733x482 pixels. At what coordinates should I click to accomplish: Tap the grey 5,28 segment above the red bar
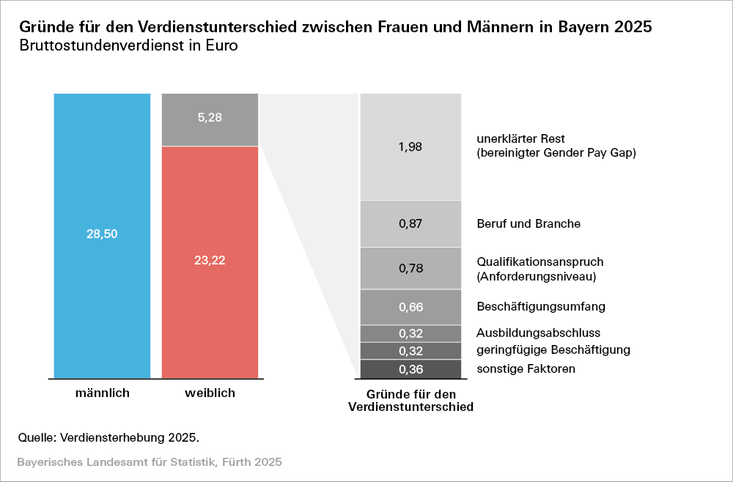(210, 119)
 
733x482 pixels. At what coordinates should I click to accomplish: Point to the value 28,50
(102, 234)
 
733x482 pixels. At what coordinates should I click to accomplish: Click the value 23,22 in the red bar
(210, 260)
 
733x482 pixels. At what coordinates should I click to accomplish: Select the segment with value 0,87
(410, 223)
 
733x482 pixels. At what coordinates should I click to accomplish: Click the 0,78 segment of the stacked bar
(410, 268)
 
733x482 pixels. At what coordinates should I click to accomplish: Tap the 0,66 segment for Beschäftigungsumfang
(410, 307)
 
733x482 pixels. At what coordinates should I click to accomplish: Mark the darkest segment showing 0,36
(410, 368)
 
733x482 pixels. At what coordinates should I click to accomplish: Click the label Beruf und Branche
(528, 223)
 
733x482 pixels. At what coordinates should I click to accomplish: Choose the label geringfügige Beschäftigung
(553, 350)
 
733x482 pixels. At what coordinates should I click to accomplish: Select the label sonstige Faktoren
(526, 368)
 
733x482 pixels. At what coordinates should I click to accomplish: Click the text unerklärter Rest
(520, 138)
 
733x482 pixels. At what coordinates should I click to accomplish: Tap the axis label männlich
(103, 393)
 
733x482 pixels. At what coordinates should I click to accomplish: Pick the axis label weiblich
(210, 393)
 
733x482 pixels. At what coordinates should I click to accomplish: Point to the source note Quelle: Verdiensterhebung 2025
(108, 437)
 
